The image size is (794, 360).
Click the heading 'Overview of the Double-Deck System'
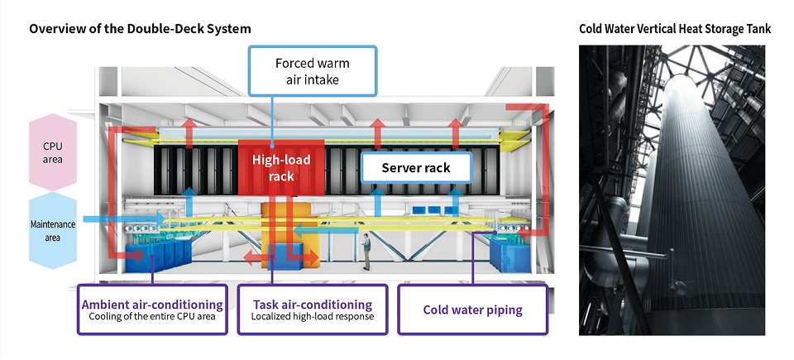[140, 29]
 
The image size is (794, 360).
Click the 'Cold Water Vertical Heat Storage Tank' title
[675, 29]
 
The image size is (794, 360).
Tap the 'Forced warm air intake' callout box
[313, 71]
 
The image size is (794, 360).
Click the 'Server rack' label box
[415, 168]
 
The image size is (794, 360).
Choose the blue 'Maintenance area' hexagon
[52, 230]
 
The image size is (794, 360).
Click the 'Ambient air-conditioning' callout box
[152, 310]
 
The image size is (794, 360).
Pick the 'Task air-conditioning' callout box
[312, 310]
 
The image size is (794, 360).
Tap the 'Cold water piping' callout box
[472, 310]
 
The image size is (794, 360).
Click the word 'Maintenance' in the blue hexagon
[52, 224]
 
